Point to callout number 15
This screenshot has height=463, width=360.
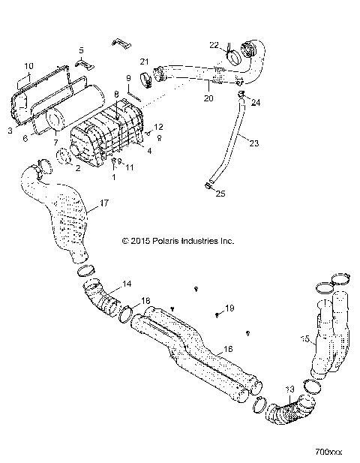304,339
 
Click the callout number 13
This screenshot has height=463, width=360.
290,389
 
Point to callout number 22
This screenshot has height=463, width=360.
214,45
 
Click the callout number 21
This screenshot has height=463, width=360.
145,61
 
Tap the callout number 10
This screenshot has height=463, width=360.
29,65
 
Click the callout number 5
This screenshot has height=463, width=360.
82,50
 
